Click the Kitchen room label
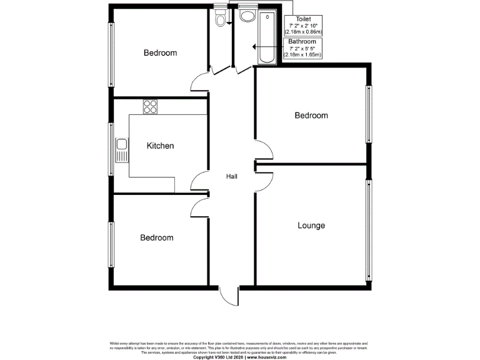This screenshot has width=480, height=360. (x=160, y=146)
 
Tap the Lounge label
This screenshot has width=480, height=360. (x=311, y=225)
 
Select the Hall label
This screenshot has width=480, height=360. (x=232, y=177)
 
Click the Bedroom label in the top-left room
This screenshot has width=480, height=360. (x=160, y=53)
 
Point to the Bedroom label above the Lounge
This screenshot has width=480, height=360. (x=311, y=116)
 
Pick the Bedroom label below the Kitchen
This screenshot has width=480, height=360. (x=156, y=237)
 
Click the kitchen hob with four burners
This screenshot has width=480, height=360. (x=150, y=106)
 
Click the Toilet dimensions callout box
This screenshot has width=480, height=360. (x=302, y=25)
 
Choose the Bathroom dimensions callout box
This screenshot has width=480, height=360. (x=302, y=47)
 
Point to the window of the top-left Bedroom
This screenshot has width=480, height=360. (x=112, y=56)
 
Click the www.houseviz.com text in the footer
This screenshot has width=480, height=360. (x=266, y=357)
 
